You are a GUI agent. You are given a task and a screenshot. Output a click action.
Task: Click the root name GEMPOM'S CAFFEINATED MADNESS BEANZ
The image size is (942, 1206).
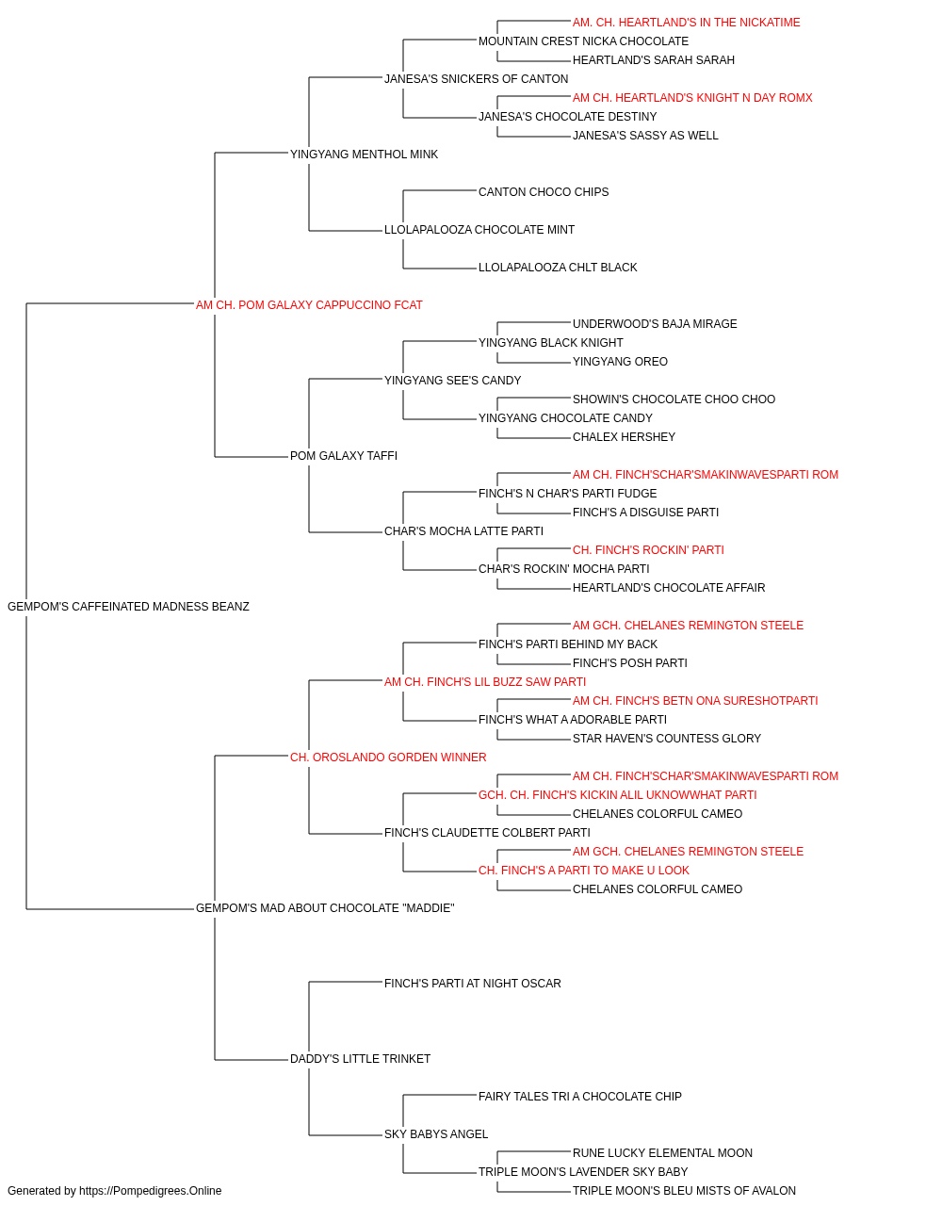[128, 607]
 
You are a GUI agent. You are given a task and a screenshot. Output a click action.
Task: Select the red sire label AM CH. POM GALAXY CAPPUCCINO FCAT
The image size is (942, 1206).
[309, 305]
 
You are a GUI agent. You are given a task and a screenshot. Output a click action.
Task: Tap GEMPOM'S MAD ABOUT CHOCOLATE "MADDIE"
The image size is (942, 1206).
[325, 908]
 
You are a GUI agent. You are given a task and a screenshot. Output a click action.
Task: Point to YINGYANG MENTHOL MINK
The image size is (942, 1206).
[364, 155]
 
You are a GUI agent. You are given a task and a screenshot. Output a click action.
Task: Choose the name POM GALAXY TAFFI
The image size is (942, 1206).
[344, 456]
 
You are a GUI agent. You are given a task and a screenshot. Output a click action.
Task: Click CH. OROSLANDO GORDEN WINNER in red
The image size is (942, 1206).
[388, 758]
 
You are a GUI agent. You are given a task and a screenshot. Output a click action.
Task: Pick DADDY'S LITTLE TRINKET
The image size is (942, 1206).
[360, 1059]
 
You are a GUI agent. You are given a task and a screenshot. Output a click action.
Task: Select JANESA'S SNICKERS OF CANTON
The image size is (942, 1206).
[476, 79]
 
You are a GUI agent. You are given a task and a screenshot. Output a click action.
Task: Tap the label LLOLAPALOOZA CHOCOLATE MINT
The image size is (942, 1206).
[479, 230]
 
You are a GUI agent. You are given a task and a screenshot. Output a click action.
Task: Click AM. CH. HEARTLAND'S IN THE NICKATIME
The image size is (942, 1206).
[687, 23]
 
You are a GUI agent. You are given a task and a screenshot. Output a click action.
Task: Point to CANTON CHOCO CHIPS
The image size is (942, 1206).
[544, 192]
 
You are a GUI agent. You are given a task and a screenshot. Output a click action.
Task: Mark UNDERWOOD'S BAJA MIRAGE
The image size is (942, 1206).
[655, 324]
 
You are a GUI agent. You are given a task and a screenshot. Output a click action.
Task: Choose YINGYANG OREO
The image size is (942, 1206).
[620, 362]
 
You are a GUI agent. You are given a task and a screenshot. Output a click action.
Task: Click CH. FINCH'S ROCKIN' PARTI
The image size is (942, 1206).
[648, 550]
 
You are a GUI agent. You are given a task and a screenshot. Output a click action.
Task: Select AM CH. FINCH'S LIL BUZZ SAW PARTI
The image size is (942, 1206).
[485, 682]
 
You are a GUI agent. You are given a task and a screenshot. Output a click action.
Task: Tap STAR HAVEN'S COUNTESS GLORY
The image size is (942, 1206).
[667, 739]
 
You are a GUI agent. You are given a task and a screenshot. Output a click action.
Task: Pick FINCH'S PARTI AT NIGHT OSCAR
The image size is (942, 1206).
[473, 984]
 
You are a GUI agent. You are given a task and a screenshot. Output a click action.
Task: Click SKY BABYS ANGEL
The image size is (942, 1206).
[436, 1134]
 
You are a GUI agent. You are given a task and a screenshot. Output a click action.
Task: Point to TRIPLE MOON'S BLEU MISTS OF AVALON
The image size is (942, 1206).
[684, 1191]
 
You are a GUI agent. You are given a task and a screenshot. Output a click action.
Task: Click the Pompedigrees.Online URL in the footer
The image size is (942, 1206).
[151, 1191]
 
